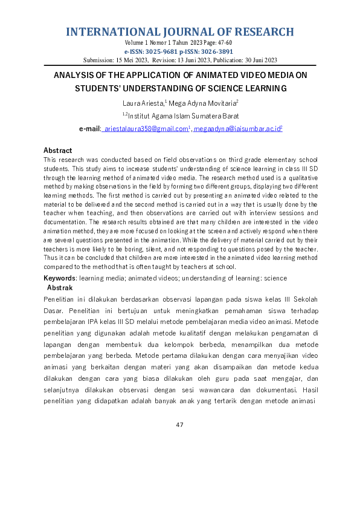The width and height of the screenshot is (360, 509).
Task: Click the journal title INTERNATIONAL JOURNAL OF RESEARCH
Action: (179, 32)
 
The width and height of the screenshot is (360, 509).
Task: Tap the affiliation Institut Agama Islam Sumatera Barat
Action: (182, 116)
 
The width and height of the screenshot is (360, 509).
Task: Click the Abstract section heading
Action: (57, 150)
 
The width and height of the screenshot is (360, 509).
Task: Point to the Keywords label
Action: (59, 278)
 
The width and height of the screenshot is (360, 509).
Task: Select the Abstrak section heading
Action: (60, 288)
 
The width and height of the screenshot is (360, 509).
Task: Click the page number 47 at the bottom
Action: (179, 425)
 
